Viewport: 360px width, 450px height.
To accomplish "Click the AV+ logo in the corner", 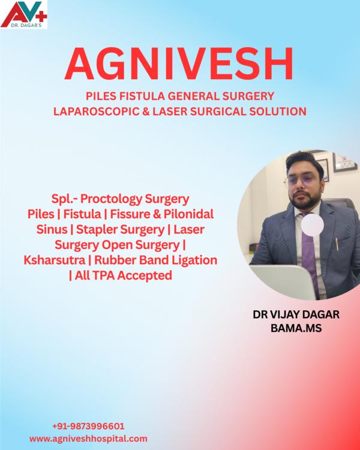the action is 24,14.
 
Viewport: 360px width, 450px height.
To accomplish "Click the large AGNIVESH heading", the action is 179,64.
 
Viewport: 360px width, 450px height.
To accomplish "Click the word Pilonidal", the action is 188,214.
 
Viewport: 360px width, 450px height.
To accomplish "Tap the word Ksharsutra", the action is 55,260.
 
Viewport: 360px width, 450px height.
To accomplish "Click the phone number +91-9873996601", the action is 88,426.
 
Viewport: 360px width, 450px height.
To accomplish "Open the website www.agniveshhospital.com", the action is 88,439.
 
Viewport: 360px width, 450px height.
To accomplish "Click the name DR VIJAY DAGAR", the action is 296,314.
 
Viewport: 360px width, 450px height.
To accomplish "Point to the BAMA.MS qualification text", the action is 296,328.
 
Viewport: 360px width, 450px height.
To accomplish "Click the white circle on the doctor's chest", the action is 313,225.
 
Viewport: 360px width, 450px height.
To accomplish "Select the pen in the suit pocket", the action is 337,244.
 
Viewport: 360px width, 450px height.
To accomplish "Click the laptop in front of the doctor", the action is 282,281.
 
